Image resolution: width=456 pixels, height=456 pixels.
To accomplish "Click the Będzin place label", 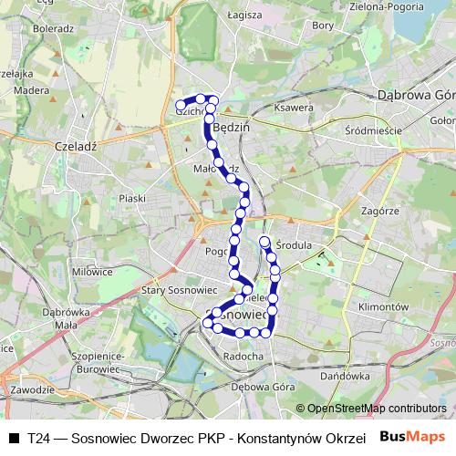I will point(231,129).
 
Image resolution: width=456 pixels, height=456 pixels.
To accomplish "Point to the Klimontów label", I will point(384,307).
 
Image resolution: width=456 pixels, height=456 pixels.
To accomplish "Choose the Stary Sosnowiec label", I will point(177,290).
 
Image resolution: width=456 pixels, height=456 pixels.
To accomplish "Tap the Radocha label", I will point(244,356).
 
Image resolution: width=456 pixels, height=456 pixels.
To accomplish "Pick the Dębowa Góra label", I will point(260,386).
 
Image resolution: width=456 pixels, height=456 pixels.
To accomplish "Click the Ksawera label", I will point(294,108).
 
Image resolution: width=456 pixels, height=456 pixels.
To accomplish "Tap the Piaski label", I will point(132,198).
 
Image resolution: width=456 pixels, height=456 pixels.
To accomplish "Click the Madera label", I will point(32,90).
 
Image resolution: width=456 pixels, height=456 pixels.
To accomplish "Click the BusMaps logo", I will point(413,436).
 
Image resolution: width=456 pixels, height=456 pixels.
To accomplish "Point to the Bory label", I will point(323,26).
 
